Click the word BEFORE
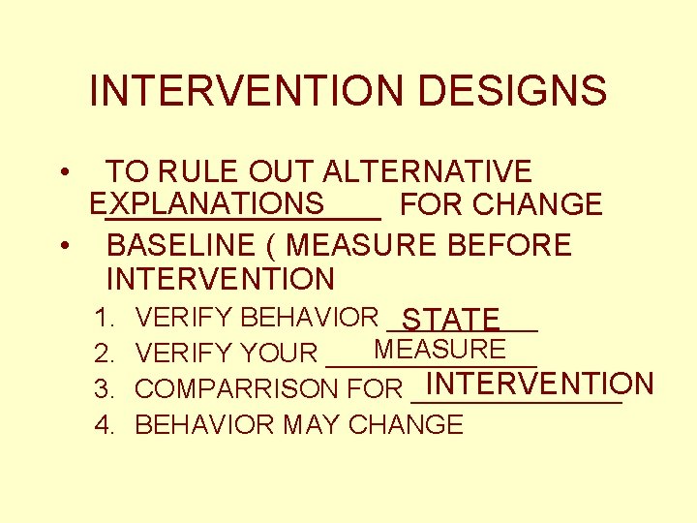point(510,245)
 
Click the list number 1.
point(104,318)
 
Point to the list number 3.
point(104,389)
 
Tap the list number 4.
point(104,425)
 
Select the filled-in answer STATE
point(450,319)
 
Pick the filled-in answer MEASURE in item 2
point(439,349)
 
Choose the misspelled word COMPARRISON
point(237,389)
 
